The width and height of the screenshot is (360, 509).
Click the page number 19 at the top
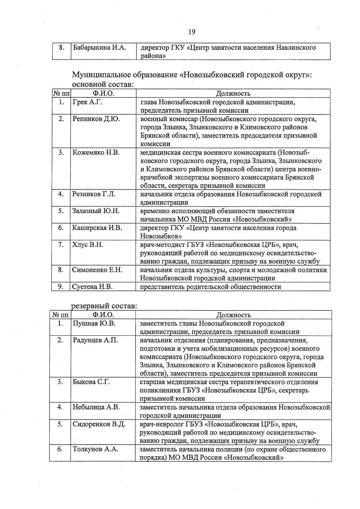pos(192,32)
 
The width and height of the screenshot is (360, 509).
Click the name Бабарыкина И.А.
pos(99,48)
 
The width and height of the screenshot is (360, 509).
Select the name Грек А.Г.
pos(87,102)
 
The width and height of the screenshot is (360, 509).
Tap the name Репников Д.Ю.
pos(96,119)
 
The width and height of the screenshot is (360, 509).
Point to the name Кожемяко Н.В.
pos(96,153)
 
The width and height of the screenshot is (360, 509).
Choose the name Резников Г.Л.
pos(94,194)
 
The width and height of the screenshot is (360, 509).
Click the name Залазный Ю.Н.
pos(96,211)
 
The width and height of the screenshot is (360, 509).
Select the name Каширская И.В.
pos(97,228)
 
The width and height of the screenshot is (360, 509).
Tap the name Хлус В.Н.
pos(87,245)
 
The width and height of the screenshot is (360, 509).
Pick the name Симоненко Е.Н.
pos(97,270)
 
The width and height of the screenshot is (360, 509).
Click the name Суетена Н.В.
pos(92,287)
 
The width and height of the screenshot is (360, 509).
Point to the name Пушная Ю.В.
pos(94,323)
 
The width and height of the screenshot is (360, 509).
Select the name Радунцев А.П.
pos(95,340)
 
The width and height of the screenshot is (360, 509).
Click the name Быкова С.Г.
pos(91,382)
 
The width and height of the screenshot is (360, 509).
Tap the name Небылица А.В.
pos(96,407)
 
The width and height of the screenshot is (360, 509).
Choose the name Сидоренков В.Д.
pos(99,424)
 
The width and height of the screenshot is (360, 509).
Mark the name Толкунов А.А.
pos(95,449)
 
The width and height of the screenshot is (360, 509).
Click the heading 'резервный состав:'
pos(104,306)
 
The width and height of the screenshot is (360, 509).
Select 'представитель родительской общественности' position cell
pos(211,287)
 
